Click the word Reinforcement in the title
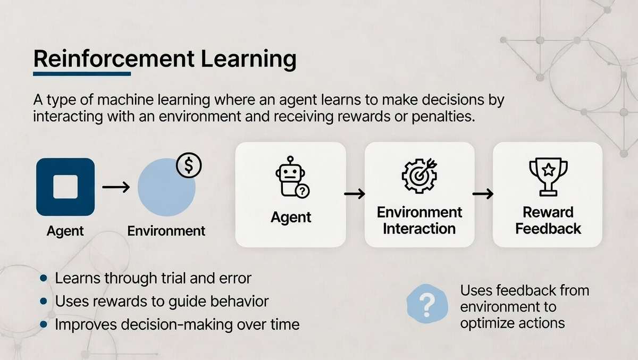[x=114, y=59]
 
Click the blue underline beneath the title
[x=82, y=74]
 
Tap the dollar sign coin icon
[x=189, y=165]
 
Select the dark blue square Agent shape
[x=65, y=187]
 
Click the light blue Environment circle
[x=166, y=187]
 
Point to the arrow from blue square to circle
[x=116, y=187]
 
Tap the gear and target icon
[x=419, y=175]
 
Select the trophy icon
[x=548, y=177]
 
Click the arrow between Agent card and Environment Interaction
[x=355, y=194]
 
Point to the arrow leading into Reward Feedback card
[x=483, y=194]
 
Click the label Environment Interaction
[x=419, y=221]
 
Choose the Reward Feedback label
[x=548, y=221]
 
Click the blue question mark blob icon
[x=427, y=304]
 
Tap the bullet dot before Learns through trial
[x=44, y=278]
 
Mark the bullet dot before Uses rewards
[x=44, y=302]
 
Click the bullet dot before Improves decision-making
[x=44, y=324]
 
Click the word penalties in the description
[x=443, y=116]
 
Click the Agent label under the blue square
[x=65, y=231]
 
